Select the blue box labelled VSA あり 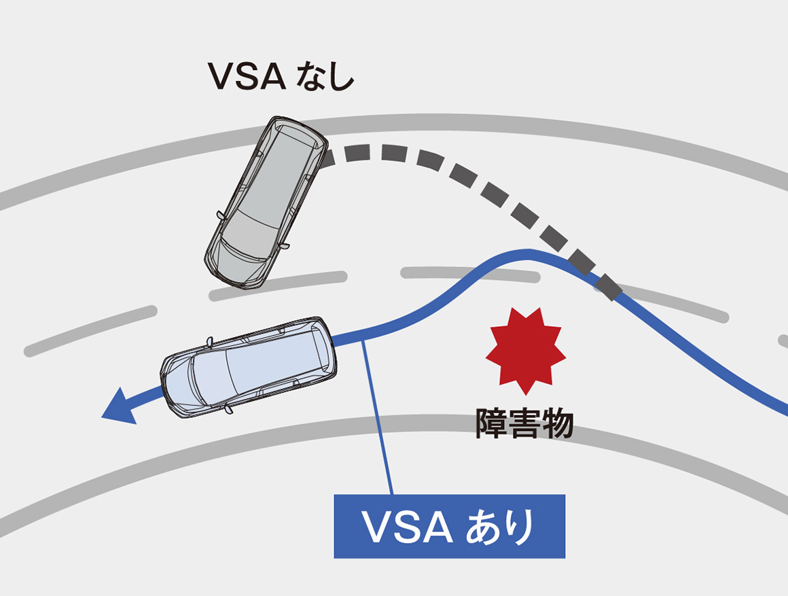[x=449, y=526]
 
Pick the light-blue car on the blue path [x=249, y=367]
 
